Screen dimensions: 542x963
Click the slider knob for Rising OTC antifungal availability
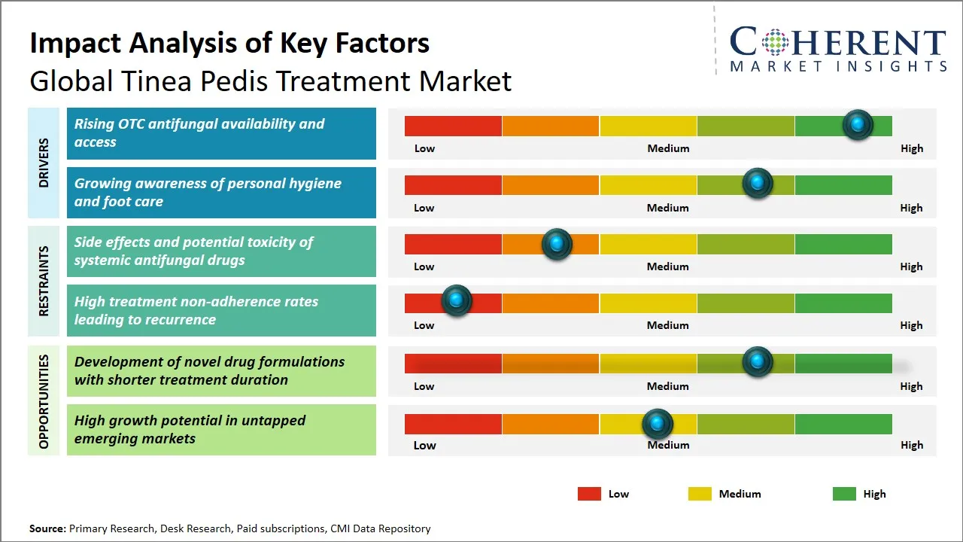[x=857, y=125]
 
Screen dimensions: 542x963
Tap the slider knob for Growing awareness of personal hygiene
[x=758, y=184]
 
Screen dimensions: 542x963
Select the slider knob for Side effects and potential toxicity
[x=557, y=244]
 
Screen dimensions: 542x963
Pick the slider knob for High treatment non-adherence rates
[x=456, y=301]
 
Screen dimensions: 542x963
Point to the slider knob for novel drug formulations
[x=758, y=362]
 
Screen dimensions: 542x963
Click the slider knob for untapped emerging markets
[x=658, y=425]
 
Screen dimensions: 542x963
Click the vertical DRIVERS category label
[x=44, y=163]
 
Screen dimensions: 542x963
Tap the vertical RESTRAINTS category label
[x=44, y=281]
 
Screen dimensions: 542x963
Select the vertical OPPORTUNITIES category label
[x=44, y=401]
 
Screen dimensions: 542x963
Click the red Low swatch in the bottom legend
[x=589, y=494]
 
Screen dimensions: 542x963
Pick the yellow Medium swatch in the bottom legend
[x=700, y=494]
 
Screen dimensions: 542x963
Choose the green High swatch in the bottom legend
[x=844, y=494]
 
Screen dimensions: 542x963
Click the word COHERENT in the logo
[x=838, y=42]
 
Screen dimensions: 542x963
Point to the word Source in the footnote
[x=47, y=529]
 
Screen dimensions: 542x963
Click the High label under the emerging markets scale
[x=912, y=445]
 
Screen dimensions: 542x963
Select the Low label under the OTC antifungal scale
[x=424, y=148]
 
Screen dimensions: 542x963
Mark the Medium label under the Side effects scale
[x=668, y=266]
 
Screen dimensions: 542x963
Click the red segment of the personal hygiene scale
[x=453, y=185]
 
